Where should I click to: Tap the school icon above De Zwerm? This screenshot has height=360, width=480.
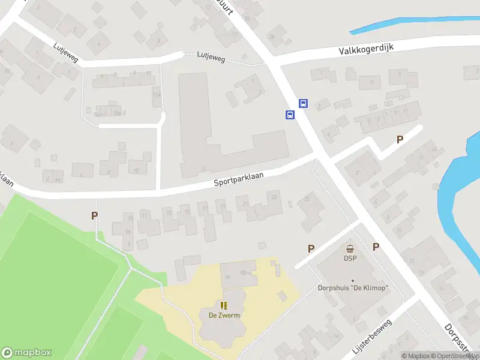click(x=224, y=305)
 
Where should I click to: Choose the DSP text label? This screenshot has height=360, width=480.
click(x=350, y=259)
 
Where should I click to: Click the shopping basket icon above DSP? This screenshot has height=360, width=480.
click(x=350, y=249)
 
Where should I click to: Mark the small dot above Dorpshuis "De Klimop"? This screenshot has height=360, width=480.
click(x=353, y=280)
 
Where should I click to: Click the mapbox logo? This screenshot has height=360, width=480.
click(x=26, y=353)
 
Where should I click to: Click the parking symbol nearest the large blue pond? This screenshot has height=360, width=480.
click(x=400, y=139)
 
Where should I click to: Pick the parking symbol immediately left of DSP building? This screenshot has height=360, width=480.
click(x=311, y=248)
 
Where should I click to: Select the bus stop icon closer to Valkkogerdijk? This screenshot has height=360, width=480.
click(x=304, y=103)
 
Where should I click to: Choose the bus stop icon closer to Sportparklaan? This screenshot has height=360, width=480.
click(x=290, y=115)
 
